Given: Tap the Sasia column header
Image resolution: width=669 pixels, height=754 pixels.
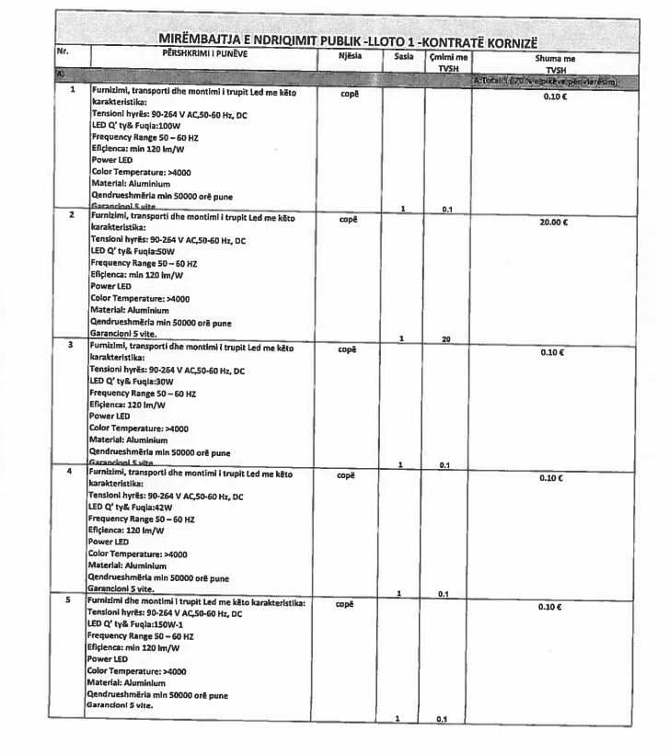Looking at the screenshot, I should [x=403, y=56].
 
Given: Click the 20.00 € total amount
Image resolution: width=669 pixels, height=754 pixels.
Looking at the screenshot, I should [x=553, y=222].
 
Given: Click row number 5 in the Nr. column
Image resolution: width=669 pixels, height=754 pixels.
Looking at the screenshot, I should [x=71, y=600].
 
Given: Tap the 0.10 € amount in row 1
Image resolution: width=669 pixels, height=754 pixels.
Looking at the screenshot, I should [x=553, y=96].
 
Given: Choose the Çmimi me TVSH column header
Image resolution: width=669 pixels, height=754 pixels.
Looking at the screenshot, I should [x=447, y=62].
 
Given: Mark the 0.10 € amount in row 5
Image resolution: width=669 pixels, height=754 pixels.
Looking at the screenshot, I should [x=553, y=607].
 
